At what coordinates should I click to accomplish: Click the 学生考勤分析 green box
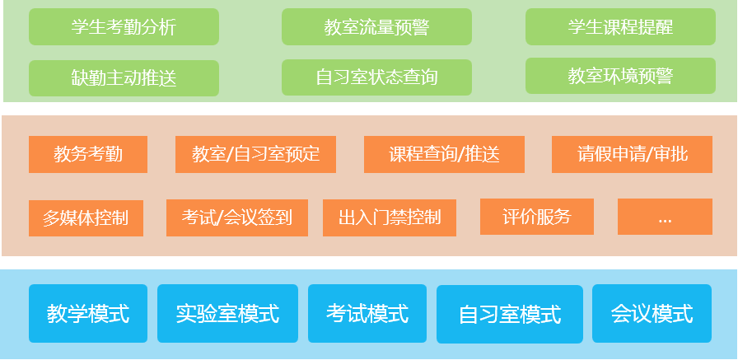124,27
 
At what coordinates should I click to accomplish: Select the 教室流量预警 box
376,27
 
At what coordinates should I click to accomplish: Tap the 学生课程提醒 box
620,27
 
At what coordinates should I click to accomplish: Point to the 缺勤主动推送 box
124,78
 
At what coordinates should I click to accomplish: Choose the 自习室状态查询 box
376,77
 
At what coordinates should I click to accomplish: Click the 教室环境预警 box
620,76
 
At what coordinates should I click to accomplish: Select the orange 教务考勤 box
88,154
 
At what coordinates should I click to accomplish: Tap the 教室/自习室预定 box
255,154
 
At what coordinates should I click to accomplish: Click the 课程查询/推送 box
444,154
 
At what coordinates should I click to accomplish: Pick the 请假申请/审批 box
632,154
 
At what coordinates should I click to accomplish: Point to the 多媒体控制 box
86,218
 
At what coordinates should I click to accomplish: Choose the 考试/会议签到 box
237,217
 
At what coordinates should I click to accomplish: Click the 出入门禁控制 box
390,217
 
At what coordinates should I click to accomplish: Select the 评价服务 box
537,217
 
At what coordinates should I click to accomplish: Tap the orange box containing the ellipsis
665,217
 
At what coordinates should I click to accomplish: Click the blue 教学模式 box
88,313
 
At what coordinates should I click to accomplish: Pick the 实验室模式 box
228,313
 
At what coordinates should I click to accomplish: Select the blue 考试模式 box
367,313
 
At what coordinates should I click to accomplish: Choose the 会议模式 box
652,313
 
